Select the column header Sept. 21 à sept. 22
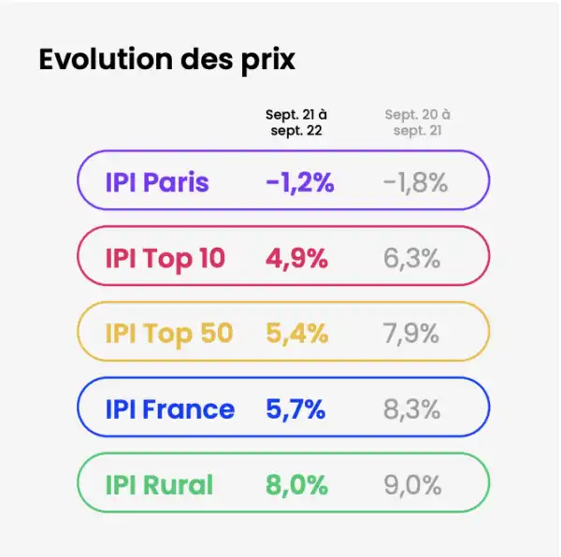pyautogui.click(x=295, y=122)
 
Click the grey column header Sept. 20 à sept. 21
pyautogui.click(x=417, y=122)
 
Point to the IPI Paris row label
pyautogui.click(x=156, y=181)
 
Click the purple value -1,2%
pyautogui.click(x=299, y=181)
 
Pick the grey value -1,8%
pyautogui.click(x=415, y=181)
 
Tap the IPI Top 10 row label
pyautogui.click(x=165, y=258)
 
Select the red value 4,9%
pyautogui.click(x=296, y=258)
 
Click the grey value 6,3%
pyautogui.click(x=411, y=258)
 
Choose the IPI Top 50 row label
pyautogui.click(x=168, y=333)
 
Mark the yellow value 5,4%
pyautogui.click(x=296, y=333)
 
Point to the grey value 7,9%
pyautogui.click(x=411, y=333)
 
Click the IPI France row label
pyautogui.click(x=169, y=408)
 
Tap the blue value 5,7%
pyautogui.click(x=296, y=408)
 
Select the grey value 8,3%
pyautogui.click(x=411, y=408)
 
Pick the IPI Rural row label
pyautogui.click(x=158, y=484)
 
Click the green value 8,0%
pyautogui.click(x=296, y=484)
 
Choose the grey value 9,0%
pyautogui.click(x=411, y=484)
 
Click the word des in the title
pyautogui.click(x=206, y=59)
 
